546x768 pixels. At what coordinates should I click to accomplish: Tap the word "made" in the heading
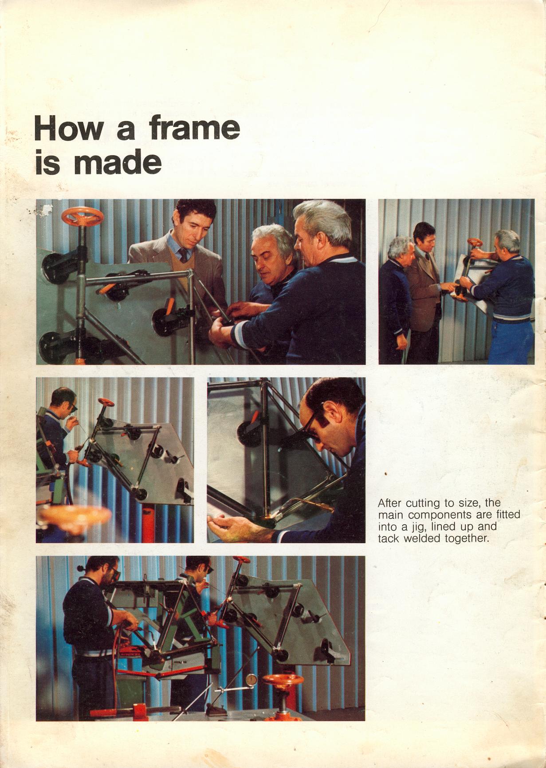click(117, 163)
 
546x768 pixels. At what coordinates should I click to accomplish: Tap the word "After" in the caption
click(390, 503)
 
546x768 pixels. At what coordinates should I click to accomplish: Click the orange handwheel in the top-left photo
click(82, 217)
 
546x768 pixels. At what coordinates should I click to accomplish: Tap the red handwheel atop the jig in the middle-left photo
click(106, 402)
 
